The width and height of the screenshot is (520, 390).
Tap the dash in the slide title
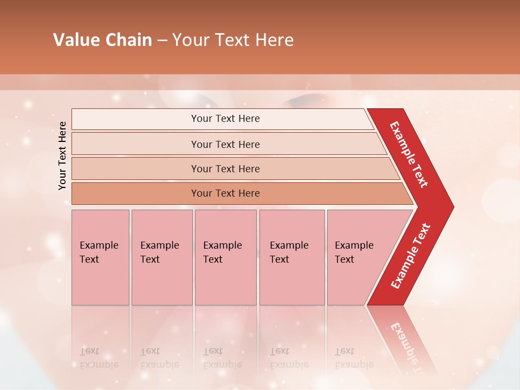point(162,41)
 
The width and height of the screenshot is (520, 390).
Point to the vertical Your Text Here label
point(62,155)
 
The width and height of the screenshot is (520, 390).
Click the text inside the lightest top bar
point(225,119)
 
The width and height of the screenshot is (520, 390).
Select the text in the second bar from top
point(225,145)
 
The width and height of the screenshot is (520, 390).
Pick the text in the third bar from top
point(225,169)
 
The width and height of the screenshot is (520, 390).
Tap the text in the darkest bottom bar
point(225,193)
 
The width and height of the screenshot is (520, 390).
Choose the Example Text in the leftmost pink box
point(99,252)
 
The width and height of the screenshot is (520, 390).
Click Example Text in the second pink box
point(159,252)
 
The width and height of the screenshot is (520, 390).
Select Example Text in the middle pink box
point(222,252)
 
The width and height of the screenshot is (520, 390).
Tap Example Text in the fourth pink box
point(289,252)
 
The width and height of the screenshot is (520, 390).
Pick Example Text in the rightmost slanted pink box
point(354,252)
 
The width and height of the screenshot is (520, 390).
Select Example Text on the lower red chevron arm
point(411,256)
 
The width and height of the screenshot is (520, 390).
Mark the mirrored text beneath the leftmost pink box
point(99,358)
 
